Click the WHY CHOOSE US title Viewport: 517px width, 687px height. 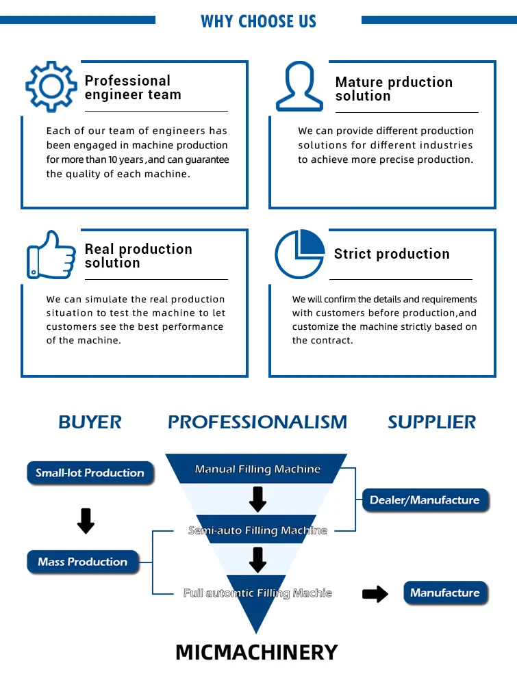pyautogui.click(x=258, y=21)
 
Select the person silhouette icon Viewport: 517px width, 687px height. pyautogui.click(x=299, y=87)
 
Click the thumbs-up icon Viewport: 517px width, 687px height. pyautogui.click(x=51, y=255)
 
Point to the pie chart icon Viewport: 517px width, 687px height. pyautogui.click(x=299, y=254)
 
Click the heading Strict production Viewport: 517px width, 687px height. pyautogui.click(x=392, y=254)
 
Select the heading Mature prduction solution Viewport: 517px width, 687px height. pyautogui.click(x=394, y=89)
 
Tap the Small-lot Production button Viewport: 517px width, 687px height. pyautogui.click(x=90, y=473)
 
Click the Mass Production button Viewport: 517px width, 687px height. pyautogui.click(x=83, y=562)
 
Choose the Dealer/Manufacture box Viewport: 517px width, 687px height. pyautogui.click(x=425, y=500)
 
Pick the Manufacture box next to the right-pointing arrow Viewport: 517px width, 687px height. pyautogui.click(x=445, y=593)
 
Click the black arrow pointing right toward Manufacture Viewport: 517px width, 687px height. pyautogui.click(x=375, y=594)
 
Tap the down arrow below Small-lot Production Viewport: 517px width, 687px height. pyautogui.click(x=86, y=521)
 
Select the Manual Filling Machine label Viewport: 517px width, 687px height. pyautogui.click(x=257, y=469)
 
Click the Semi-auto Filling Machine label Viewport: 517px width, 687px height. pyautogui.click(x=257, y=530)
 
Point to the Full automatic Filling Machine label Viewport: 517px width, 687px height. pyautogui.click(x=257, y=593)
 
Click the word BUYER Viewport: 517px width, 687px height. pyautogui.click(x=90, y=422)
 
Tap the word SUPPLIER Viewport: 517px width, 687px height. pyautogui.click(x=431, y=422)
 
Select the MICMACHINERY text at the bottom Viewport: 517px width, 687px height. pyautogui.click(x=257, y=652)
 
